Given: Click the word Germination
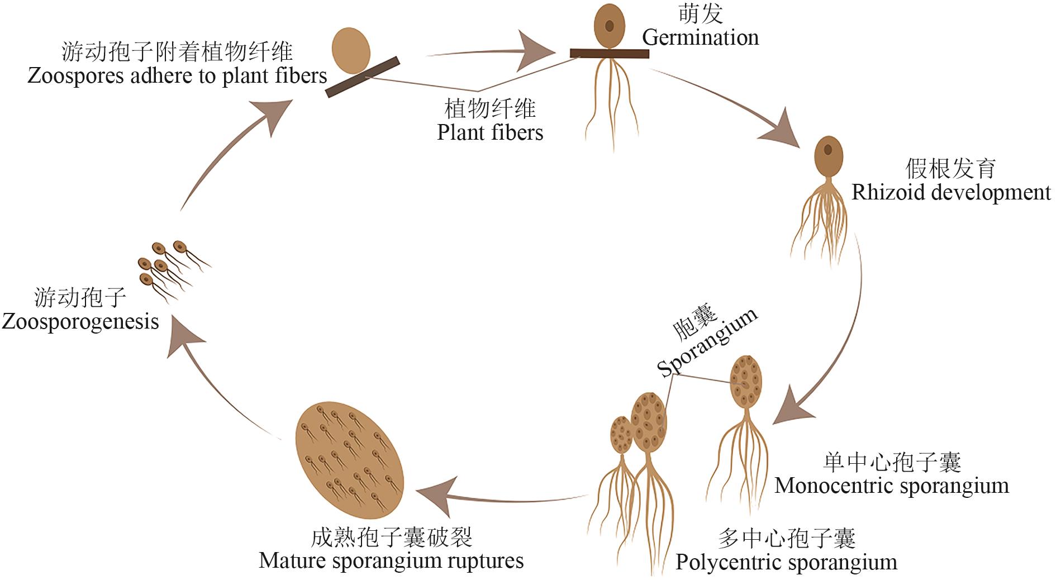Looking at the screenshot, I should click(x=700, y=37).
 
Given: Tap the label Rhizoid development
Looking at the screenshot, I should click(x=950, y=192).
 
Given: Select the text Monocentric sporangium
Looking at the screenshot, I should click(x=891, y=486).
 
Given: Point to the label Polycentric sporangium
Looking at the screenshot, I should click(x=786, y=562).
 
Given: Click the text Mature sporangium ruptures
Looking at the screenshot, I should click(x=391, y=560).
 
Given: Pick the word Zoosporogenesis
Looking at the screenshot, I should click(x=80, y=322).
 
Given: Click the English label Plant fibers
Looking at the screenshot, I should click(x=490, y=132).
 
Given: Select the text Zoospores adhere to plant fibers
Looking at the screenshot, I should click(x=177, y=75).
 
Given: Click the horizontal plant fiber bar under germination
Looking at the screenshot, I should click(x=609, y=54).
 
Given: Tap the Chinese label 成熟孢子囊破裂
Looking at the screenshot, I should click(x=392, y=538).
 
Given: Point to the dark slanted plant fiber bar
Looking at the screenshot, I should click(x=363, y=77).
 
